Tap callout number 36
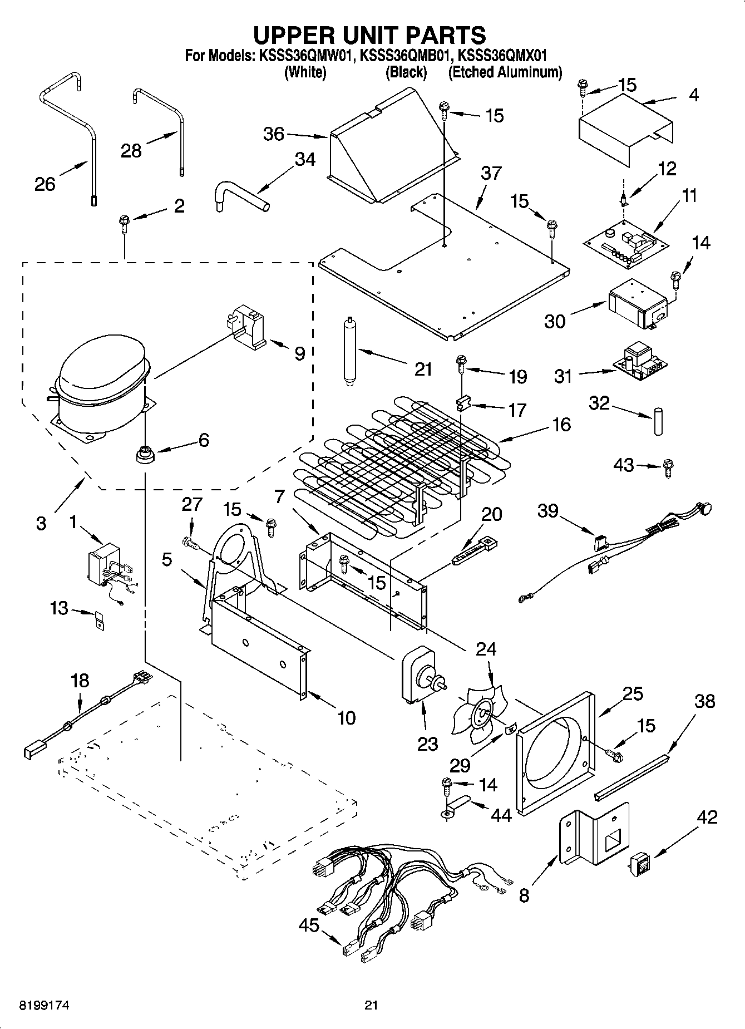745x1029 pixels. point(274,134)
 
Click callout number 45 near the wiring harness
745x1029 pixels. point(309,925)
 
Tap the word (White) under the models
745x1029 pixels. point(305,72)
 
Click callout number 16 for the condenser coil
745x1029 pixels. point(562,425)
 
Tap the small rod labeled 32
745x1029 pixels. point(659,421)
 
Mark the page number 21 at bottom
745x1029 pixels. point(372,1005)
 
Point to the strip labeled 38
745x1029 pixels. point(632,777)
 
